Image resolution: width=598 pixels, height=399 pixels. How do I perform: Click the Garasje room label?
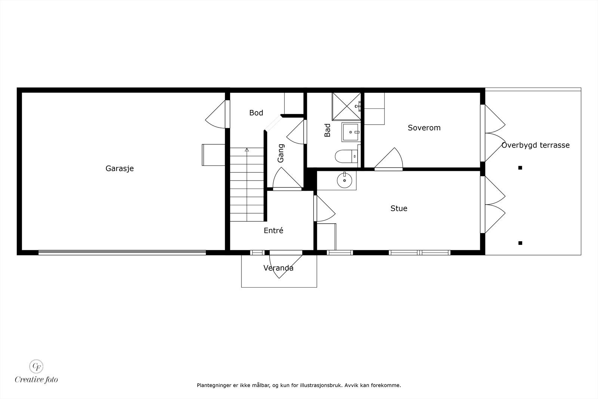[120, 168]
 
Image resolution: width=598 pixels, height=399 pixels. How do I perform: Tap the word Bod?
[256, 113]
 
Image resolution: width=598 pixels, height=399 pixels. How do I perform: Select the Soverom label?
[424, 128]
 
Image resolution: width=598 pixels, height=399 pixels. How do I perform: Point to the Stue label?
[399, 208]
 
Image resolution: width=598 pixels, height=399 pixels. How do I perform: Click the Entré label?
[273, 231]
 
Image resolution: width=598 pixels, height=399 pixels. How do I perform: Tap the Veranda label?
[278, 268]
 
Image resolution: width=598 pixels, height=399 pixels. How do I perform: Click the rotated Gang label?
[281, 153]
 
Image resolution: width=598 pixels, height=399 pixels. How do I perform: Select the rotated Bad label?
[328, 130]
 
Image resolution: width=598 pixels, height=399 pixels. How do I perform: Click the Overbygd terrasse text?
[535, 145]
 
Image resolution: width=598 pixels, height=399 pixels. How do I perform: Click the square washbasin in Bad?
[351, 132]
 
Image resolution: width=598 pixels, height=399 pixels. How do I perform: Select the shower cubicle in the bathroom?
[346, 106]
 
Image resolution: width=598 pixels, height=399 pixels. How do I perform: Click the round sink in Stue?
[344, 181]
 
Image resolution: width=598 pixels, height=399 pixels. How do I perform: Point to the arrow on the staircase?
[247, 150]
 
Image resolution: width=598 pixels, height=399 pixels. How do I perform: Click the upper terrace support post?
[520, 168]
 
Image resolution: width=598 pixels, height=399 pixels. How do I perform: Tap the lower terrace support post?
[520, 243]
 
